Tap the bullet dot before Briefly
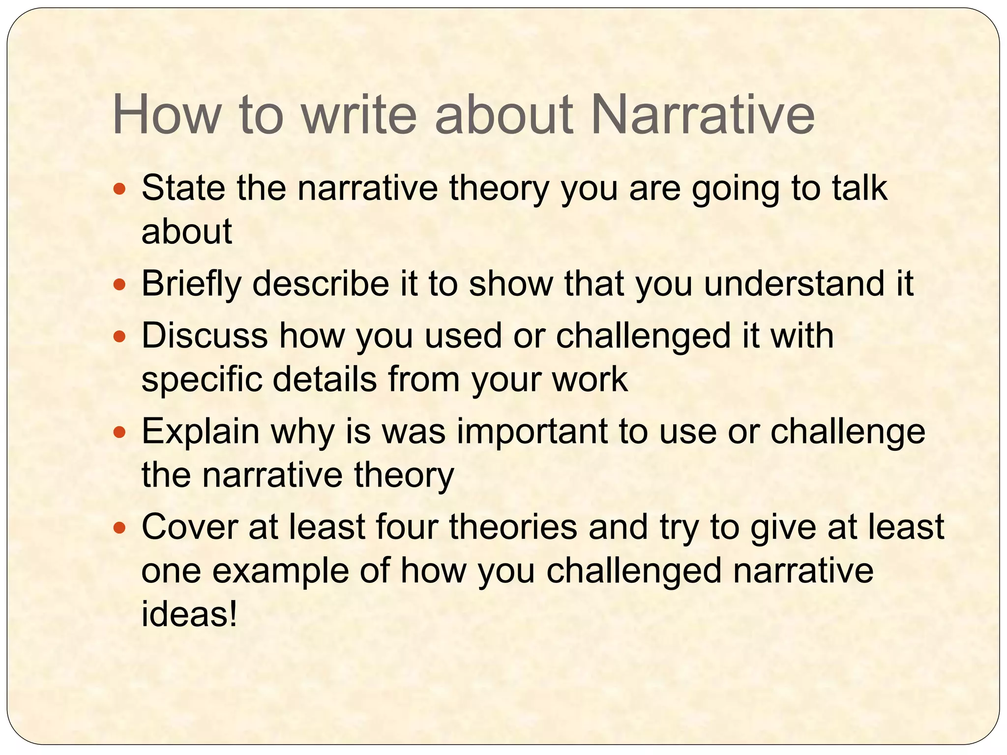(119, 285)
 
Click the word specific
(202, 379)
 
